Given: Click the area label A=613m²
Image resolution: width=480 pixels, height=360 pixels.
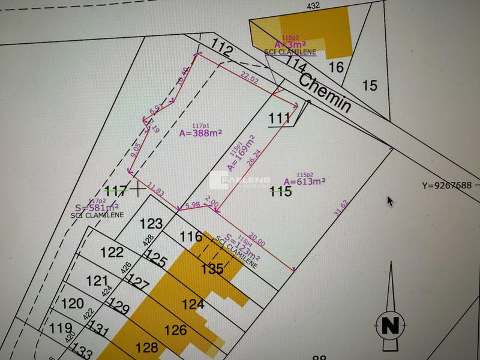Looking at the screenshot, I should pyautogui.click(x=304, y=181).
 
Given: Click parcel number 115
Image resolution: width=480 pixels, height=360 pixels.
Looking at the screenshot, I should pyautogui.click(x=280, y=191).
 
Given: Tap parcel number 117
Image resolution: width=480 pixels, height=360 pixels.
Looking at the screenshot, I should pyautogui.click(x=116, y=191).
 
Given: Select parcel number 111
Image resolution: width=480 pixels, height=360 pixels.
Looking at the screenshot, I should pyautogui.click(x=279, y=119).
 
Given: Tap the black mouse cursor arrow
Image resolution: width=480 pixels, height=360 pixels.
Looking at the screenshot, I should pyautogui.click(x=390, y=201).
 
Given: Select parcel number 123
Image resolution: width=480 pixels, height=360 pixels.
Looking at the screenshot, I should pyautogui.click(x=151, y=224).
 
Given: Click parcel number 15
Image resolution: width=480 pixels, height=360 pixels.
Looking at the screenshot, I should pyautogui.click(x=370, y=86).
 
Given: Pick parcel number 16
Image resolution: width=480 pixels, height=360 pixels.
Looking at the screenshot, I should pyautogui.click(x=337, y=67).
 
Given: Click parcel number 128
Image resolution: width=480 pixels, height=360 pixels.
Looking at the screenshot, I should pyautogui.click(x=147, y=347).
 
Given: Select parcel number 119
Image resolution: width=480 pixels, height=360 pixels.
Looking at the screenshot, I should pyautogui.click(x=61, y=328).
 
